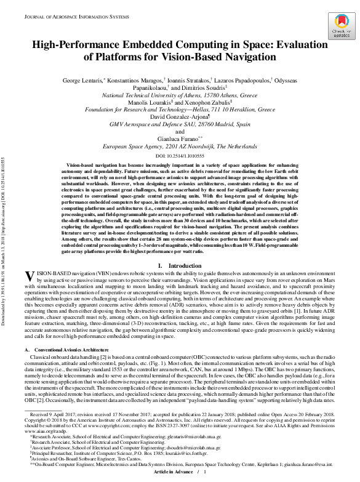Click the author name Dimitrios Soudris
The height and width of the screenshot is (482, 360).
(x=199, y=88)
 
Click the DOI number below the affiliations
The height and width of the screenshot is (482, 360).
(x=180, y=156)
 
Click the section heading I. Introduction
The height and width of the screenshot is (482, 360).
(x=180, y=265)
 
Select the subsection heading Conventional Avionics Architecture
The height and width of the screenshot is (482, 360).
(x=73, y=349)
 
